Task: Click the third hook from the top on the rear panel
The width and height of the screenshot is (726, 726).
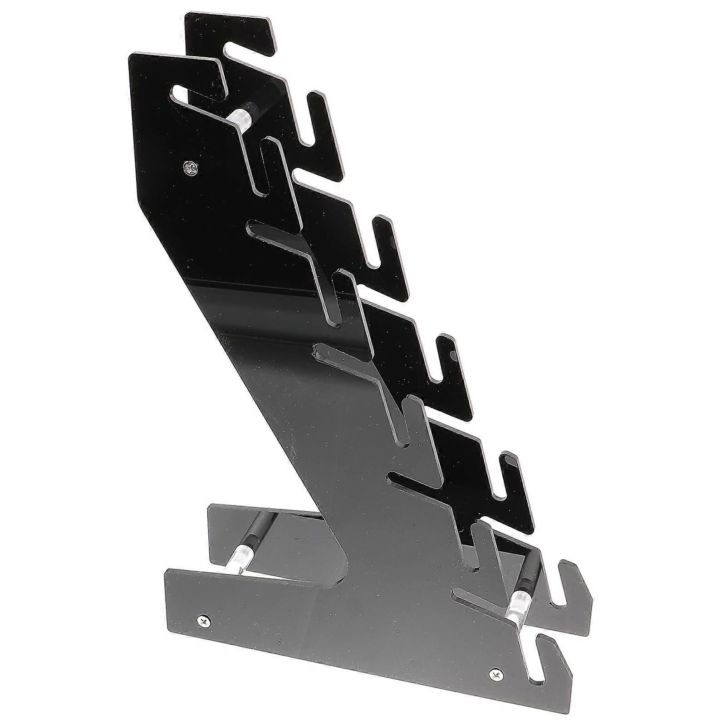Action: click(x=383, y=243)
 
